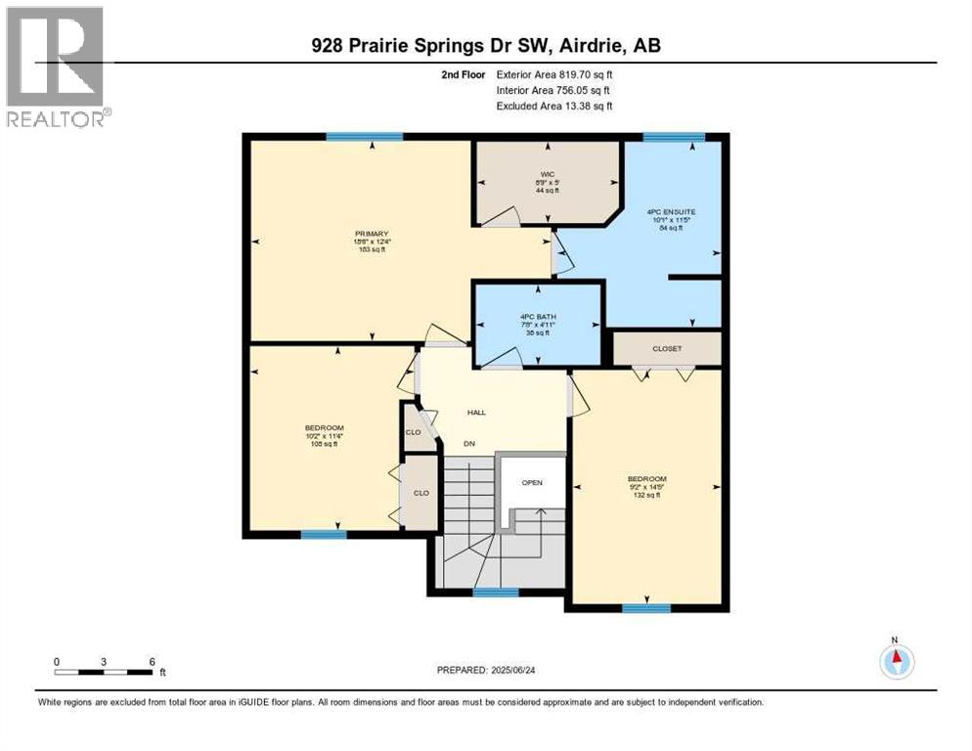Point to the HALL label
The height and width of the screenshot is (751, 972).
click(476, 412)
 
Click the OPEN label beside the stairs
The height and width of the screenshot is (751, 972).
click(532, 482)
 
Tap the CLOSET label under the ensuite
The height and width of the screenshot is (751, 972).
click(667, 349)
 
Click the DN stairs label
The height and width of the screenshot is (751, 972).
click(469, 444)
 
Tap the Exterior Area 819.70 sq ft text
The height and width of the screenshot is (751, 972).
click(553, 73)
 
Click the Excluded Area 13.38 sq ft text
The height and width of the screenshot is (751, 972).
click(553, 106)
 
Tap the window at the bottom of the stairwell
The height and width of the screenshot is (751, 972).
click(496, 592)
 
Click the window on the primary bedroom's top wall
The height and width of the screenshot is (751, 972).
click(365, 137)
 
